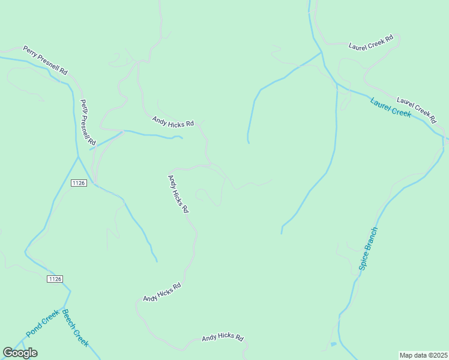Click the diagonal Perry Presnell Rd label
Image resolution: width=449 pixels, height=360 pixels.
tap(46, 60)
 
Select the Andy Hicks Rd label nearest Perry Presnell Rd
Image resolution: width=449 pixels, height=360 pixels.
tap(173, 122)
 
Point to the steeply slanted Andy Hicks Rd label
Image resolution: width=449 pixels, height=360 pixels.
tap(178, 194)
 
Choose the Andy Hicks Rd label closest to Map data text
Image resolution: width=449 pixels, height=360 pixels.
tap(223, 338)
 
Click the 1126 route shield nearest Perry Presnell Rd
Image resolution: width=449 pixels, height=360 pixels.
tap(78, 182)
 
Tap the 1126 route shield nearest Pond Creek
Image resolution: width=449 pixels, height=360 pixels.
tap(54, 279)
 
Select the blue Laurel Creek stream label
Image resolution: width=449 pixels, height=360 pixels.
tap(391, 107)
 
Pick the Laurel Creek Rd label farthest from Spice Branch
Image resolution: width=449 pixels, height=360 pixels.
tap(371, 41)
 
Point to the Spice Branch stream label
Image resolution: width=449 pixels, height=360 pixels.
tap(369, 248)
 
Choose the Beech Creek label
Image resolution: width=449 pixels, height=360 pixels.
tap(76, 328)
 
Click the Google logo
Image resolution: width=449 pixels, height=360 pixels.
tap(20, 353)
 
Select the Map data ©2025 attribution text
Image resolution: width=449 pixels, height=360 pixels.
tap(424, 355)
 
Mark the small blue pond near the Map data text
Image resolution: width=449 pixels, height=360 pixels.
tap(333, 345)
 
